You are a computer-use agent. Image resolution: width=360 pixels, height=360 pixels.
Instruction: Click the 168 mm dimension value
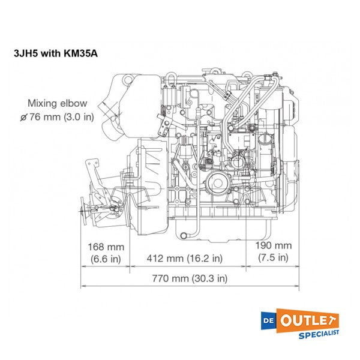pyautogui.click(x=106, y=246)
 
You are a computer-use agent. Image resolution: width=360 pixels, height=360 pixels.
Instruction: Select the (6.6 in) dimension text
pyautogui.click(x=106, y=259)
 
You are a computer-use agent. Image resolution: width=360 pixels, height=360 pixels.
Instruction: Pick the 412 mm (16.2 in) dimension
pyautogui.click(x=185, y=259)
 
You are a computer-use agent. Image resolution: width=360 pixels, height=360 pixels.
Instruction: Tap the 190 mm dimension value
pyautogui.click(x=273, y=245)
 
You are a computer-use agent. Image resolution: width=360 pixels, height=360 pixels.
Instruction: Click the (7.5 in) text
pyautogui.click(x=273, y=258)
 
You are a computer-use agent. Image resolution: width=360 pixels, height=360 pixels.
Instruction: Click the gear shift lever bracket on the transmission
pyautogui.click(x=92, y=171)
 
